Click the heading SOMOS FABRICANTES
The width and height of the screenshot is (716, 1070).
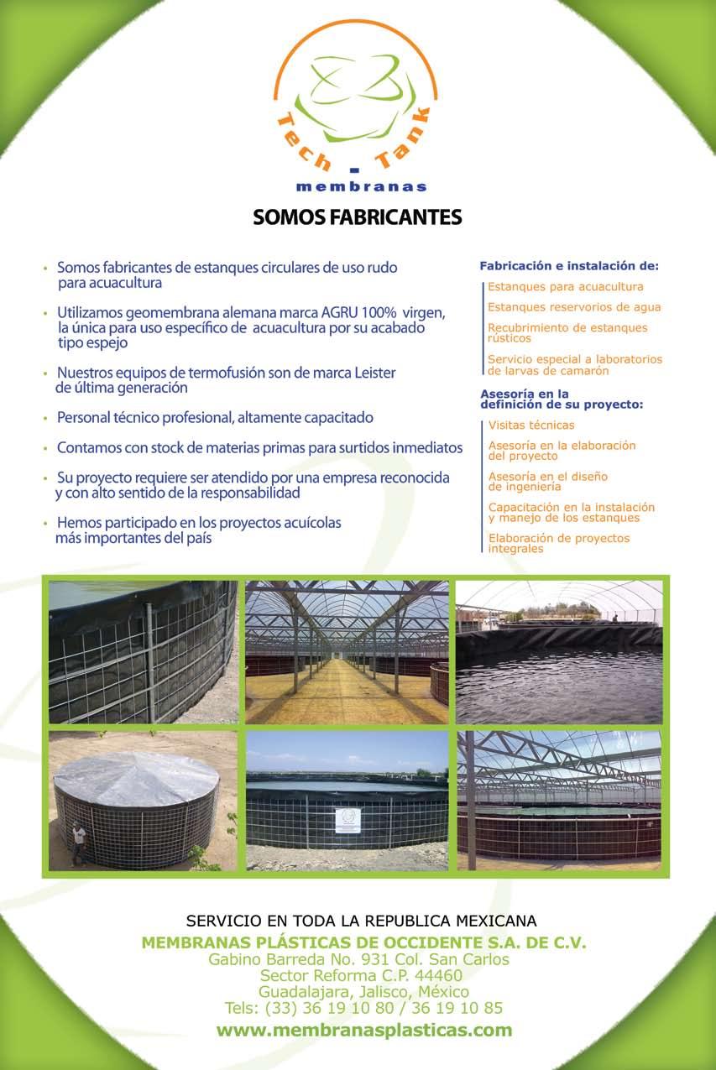coord(358,217)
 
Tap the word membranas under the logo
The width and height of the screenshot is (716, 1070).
coord(362,186)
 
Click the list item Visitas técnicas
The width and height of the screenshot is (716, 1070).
coord(531,425)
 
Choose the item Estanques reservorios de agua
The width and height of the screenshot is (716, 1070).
coord(574,307)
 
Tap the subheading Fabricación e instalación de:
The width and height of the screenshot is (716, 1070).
coord(569,266)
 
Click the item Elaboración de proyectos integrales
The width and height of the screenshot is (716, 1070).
coord(558,543)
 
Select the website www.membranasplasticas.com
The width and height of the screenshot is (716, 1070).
coord(364,1030)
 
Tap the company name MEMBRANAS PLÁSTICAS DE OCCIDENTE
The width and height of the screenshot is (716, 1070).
coord(319,942)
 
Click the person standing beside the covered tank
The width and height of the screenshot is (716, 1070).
coord(78,842)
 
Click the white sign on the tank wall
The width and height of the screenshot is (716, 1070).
coord(348,820)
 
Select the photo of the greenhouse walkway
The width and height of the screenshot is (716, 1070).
coord(347,652)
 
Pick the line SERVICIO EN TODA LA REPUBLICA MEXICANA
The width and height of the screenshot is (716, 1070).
coord(361,920)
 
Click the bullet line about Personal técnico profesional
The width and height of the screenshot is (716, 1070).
coord(215,417)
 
